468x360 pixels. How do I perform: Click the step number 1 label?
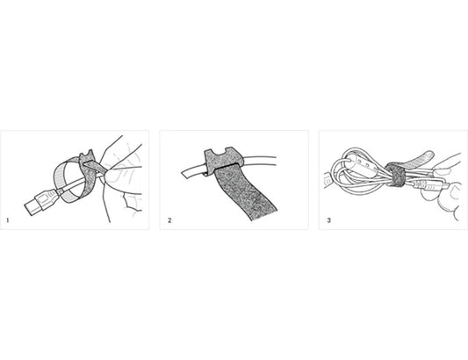pyautogui.click(x=7, y=220)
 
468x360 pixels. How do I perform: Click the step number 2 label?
pyautogui.click(x=169, y=220)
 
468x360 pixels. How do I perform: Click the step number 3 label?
pyautogui.click(x=329, y=220)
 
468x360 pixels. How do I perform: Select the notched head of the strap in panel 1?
pyautogui.click(x=87, y=157)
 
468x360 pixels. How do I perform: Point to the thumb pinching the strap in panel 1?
pyautogui.click(x=118, y=176)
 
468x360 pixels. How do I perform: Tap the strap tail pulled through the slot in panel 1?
pyautogui.click(x=95, y=168)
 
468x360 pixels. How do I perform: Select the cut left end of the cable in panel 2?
pyautogui.click(x=185, y=174)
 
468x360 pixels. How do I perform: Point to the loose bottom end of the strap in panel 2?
pyautogui.click(x=263, y=215)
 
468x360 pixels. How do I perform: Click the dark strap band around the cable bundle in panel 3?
pyautogui.click(x=394, y=176)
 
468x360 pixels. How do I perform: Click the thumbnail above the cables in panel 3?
pyautogui.click(x=442, y=171)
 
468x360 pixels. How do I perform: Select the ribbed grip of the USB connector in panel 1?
pyautogui.click(x=47, y=198)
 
